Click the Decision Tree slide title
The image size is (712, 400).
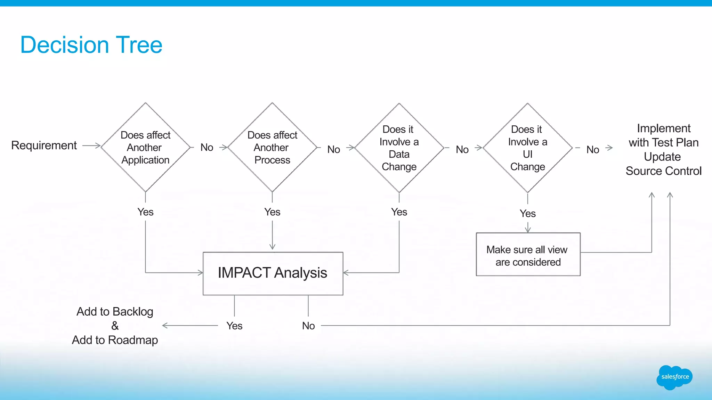click(x=91, y=45)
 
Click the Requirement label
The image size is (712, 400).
click(x=44, y=145)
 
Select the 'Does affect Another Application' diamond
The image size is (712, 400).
click(x=145, y=147)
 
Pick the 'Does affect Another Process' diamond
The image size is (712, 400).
click(x=272, y=147)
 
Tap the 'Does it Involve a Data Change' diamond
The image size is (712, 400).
click(x=399, y=148)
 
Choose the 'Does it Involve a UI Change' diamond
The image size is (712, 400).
click(x=527, y=148)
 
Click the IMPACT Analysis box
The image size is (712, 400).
click(x=273, y=273)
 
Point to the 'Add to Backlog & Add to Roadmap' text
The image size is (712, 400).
click(x=115, y=326)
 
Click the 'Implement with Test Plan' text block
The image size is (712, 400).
click(x=663, y=149)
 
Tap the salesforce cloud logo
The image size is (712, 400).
click(x=674, y=377)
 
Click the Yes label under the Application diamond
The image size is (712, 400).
click(x=145, y=212)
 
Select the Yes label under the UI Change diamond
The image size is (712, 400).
click(x=527, y=214)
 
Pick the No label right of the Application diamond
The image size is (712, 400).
click(x=207, y=147)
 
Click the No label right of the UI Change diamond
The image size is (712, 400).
click(x=592, y=150)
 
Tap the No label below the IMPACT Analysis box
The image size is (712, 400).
click(x=308, y=326)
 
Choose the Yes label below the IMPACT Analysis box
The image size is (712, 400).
click(x=234, y=326)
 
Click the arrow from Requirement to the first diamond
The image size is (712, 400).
click(x=91, y=145)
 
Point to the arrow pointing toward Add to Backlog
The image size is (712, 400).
click(x=189, y=325)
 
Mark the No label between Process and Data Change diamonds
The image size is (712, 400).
click(x=334, y=149)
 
